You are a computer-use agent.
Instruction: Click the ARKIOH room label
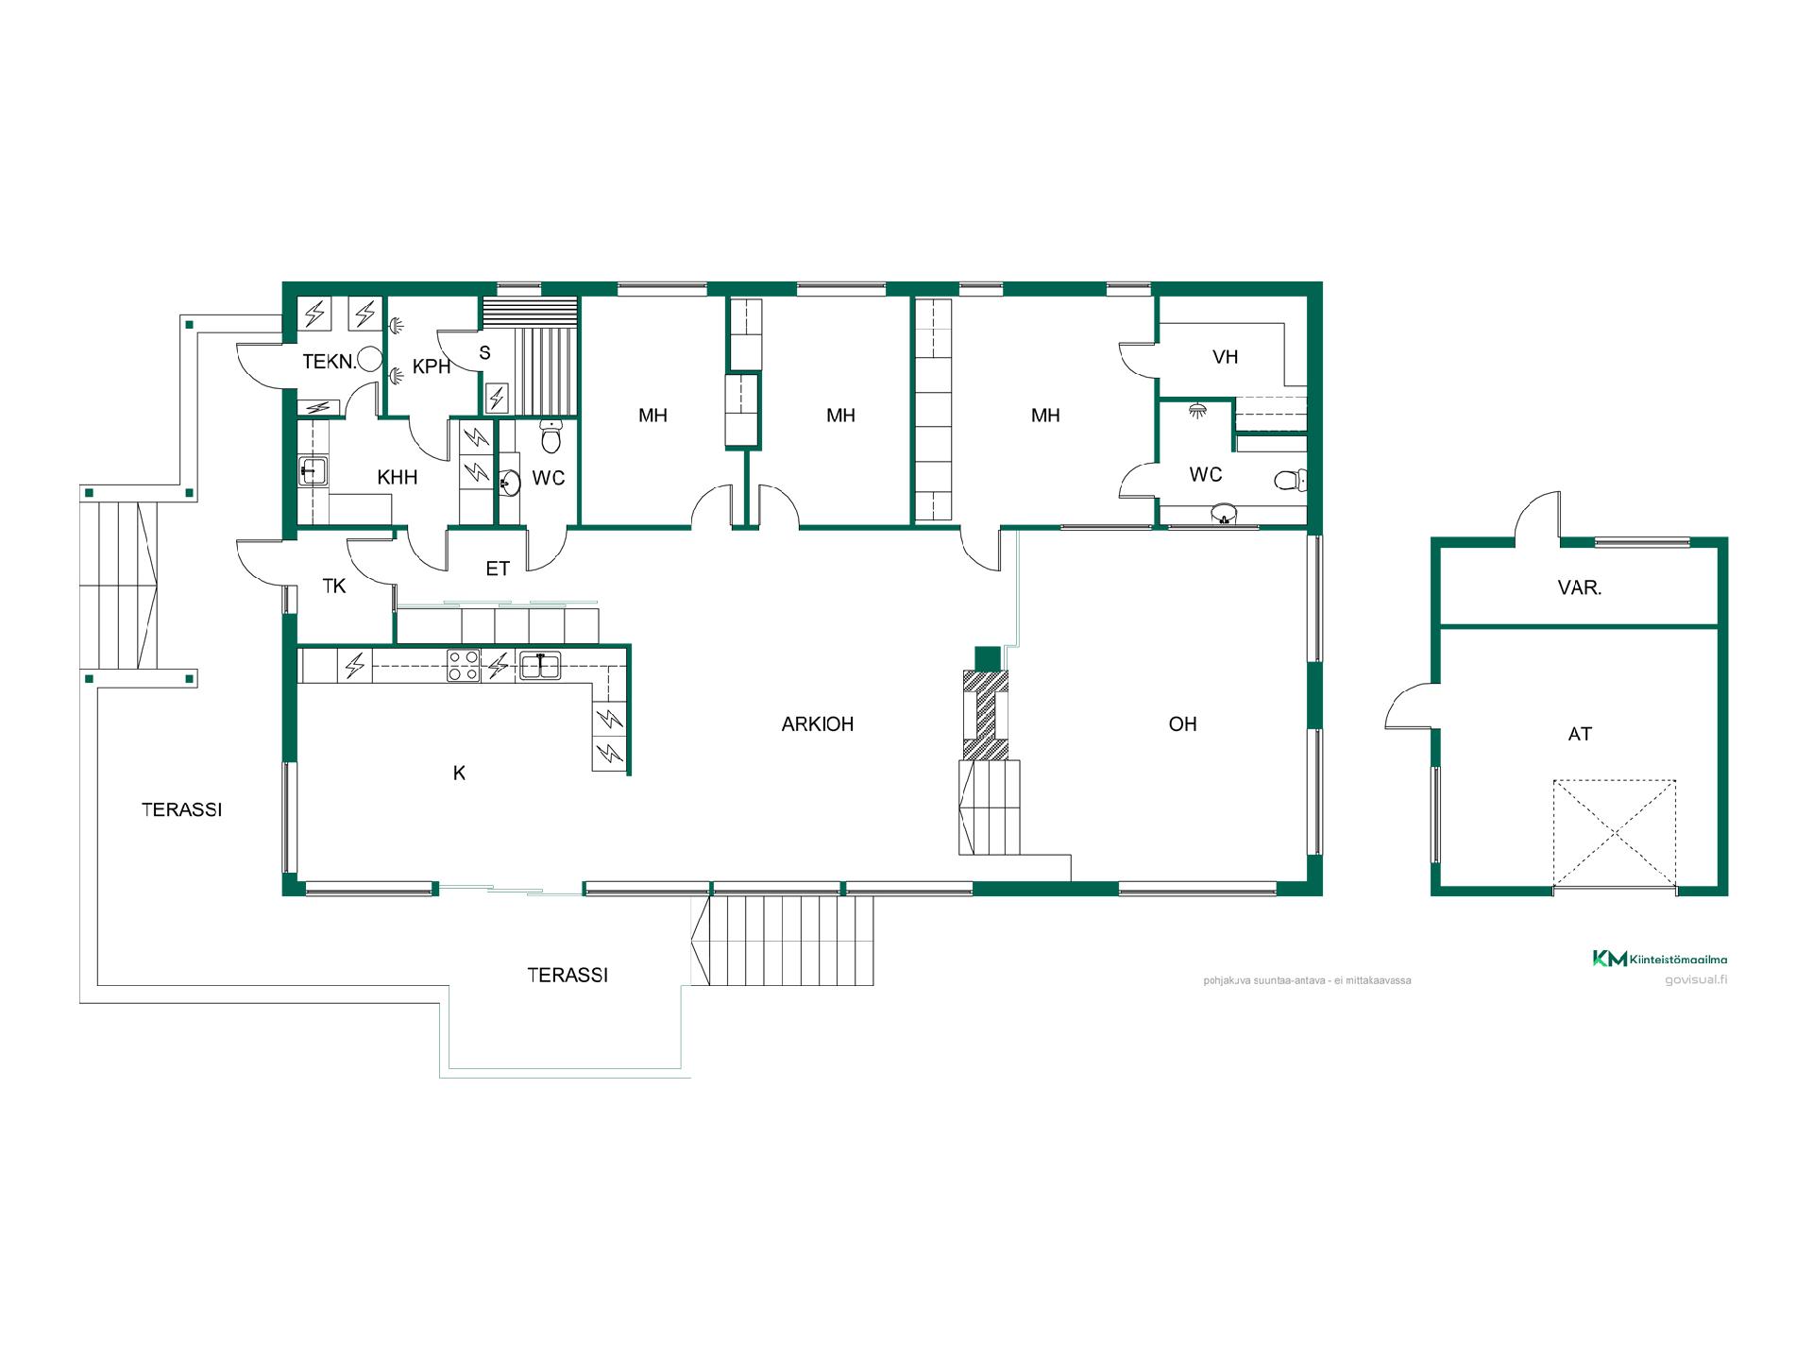[818, 724]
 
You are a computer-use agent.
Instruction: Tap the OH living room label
[1182, 724]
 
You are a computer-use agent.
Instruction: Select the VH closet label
[1225, 357]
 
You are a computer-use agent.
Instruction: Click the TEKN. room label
[330, 361]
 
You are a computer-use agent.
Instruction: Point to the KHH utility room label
[398, 477]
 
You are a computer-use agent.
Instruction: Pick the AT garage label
[1580, 734]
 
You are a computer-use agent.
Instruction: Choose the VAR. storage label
[1580, 587]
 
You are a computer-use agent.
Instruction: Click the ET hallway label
[498, 569]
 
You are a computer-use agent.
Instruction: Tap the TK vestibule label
[334, 586]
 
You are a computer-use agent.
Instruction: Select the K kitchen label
[460, 773]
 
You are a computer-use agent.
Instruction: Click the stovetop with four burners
[464, 666]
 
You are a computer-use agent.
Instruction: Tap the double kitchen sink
[539, 666]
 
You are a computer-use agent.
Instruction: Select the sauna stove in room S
[496, 397]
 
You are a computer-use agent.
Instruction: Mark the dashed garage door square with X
[1615, 834]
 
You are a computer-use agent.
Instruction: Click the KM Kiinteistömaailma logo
[1660, 959]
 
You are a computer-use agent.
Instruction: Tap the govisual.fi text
[1696, 979]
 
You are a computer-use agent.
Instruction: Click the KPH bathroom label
[432, 367]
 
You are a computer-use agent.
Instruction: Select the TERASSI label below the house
[568, 976]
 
